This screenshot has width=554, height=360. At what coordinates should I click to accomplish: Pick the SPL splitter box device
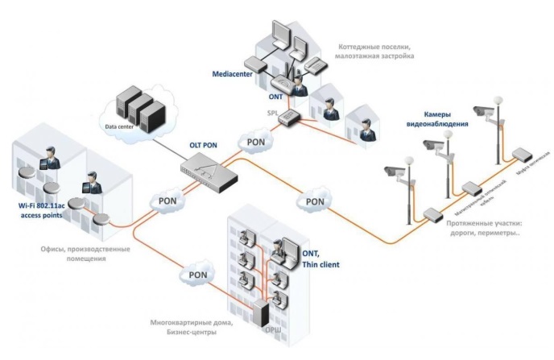click(287, 118)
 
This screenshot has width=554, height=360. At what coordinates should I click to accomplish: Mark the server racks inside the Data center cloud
click(140, 110)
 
